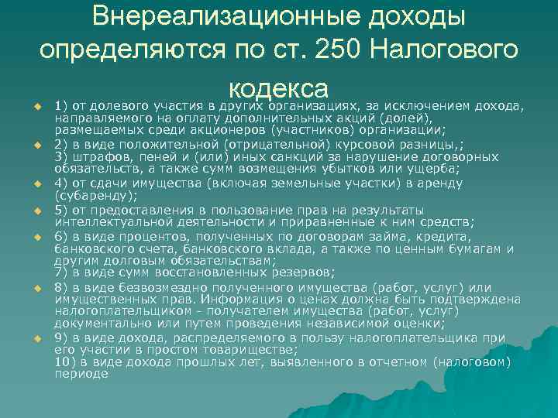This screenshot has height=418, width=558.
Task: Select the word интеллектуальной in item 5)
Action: [x=108, y=221]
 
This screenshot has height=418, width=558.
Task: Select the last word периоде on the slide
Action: [x=82, y=374]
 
